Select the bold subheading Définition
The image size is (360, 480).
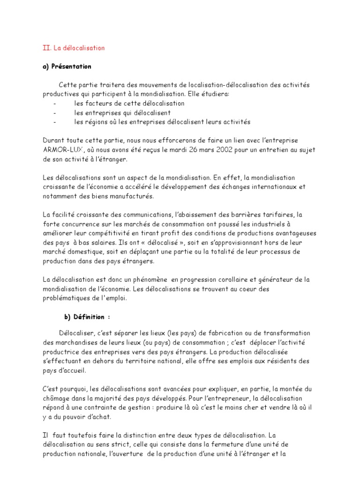[x=89, y=317]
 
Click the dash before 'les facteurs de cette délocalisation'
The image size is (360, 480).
[x=55, y=104]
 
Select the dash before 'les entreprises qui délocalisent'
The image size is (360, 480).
[x=55, y=113]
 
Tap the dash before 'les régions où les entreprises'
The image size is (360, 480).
[x=55, y=122]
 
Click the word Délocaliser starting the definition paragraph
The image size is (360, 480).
[x=77, y=333]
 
